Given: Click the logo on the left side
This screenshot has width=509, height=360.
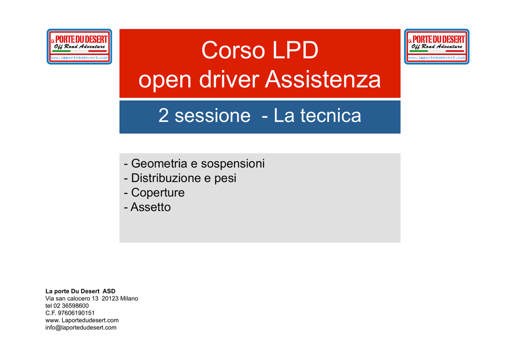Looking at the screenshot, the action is tap(79, 46).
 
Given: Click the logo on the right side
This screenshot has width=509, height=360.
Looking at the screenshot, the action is tap(436, 46).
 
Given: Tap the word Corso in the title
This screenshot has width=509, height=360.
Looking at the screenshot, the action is tap(233, 50).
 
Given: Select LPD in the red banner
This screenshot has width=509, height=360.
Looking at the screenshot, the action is tap(295, 50).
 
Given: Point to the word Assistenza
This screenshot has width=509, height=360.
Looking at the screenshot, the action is tap(323, 80).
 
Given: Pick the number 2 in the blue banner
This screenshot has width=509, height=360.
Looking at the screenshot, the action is tap(163, 115).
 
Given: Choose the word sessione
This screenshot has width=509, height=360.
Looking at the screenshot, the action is tap(213, 116).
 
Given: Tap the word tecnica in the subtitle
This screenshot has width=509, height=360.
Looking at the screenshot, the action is tap(331, 115).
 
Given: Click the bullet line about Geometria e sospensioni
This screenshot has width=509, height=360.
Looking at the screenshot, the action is tap(194, 164).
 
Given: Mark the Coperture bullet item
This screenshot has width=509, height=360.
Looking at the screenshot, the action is tap(154, 193).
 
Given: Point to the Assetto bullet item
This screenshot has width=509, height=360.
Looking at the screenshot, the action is tap(147, 207).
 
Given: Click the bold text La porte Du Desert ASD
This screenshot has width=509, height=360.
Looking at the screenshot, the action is tap(80, 291).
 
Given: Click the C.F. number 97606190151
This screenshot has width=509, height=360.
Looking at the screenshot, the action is tap(76, 313).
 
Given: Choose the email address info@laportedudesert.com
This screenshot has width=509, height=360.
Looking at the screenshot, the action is tap(81, 328).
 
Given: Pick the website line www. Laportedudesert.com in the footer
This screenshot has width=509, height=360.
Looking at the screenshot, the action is tap(82, 320).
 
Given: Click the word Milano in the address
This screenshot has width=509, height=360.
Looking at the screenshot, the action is tap(129, 298).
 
